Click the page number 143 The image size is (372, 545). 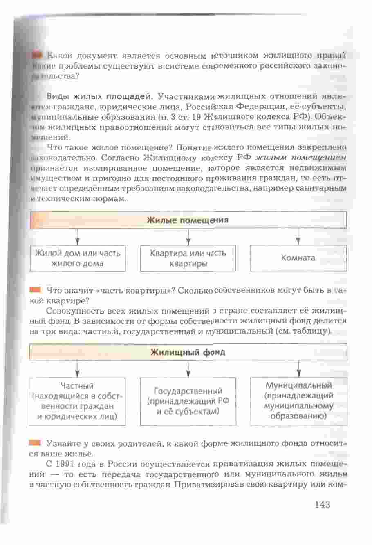(x=322, y=504)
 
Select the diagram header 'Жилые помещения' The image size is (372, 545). (x=188, y=220)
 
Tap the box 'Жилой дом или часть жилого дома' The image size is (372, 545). (x=78, y=258)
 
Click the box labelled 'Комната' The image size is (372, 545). (x=298, y=258)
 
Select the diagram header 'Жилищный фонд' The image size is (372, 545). (x=188, y=352)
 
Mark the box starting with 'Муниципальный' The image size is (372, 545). (x=298, y=401)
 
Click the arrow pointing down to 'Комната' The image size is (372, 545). (x=298, y=237)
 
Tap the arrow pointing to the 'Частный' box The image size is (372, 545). (x=77, y=369)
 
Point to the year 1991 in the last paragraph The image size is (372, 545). (x=65, y=465)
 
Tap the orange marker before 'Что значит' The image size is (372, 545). (x=36, y=290)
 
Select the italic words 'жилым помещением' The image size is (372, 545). (x=301, y=158)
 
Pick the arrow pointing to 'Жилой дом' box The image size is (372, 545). (x=77, y=237)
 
